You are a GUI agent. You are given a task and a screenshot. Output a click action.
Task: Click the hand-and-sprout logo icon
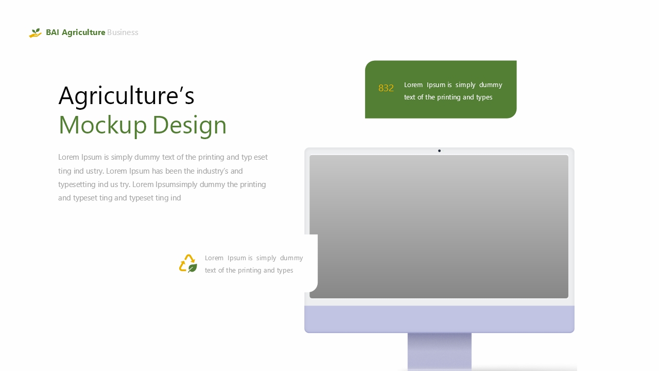(35, 32)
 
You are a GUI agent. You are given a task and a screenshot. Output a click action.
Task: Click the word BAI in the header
(53, 32)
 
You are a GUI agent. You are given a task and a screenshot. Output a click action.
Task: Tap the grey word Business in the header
(123, 32)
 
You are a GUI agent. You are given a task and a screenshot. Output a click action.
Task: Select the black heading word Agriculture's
(127, 96)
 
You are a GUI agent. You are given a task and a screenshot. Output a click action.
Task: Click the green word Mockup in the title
(102, 125)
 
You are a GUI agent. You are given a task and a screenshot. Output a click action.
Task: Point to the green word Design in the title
(189, 125)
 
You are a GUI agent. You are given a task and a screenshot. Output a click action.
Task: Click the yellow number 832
(386, 88)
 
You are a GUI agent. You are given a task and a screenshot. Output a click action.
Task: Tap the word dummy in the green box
(491, 85)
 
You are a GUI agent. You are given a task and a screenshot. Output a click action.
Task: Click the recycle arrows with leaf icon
(188, 263)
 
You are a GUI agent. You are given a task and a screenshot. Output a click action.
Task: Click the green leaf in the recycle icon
(193, 268)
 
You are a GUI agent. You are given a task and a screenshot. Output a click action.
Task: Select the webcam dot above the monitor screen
(439, 151)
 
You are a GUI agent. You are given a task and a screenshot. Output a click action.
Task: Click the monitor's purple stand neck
(440, 351)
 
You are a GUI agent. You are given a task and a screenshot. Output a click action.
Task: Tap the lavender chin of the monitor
(439, 319)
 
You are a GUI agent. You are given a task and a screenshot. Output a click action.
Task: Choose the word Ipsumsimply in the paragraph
(176, 184)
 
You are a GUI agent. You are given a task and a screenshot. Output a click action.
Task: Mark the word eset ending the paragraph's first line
(261, 157)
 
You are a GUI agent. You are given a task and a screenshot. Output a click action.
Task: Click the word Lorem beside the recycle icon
(214, 258)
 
